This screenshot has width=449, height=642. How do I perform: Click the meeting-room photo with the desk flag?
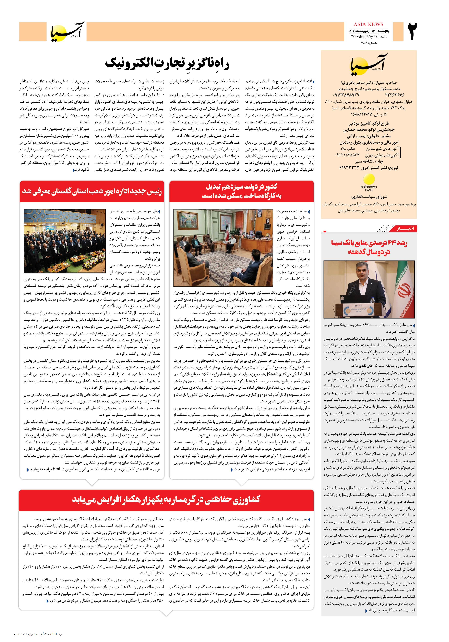[223, 248]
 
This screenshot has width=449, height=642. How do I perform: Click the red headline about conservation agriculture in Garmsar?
[166, 499]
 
